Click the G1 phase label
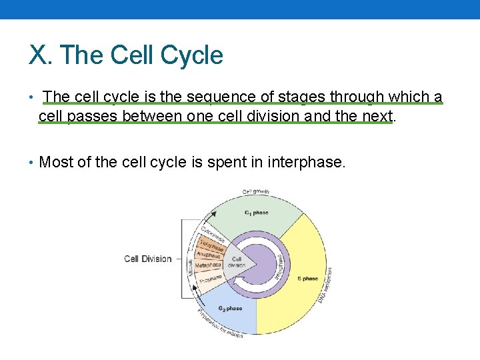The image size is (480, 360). pyautogui.click(x=256, y=213)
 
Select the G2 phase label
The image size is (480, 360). pyautogui.click(x=230, y=309)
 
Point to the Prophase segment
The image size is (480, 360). pyautogui.click(x=210, y=279)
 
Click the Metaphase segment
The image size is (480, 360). pyautogui.click(x=208, y=265)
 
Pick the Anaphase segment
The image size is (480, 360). pyautogui.click(x=207, y=254)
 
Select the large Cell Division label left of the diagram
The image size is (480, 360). pyautogui.click(x=148, y=259)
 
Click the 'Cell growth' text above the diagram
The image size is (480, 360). pyautogui.click(x=256, y=192)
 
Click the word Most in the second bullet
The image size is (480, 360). pyautogui.click(x=56, y=161)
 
